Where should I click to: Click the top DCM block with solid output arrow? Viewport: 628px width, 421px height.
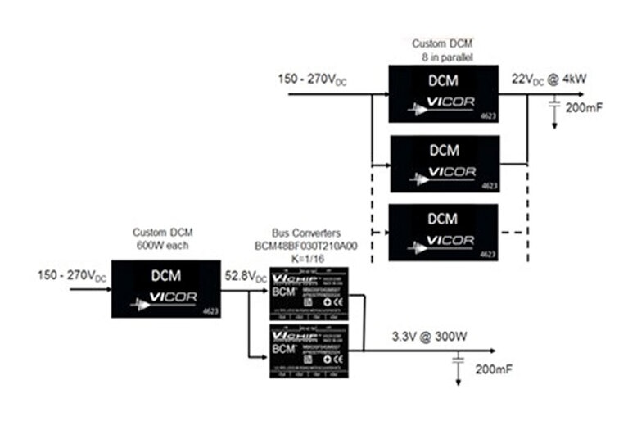443,93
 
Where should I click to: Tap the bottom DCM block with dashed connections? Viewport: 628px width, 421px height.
443,232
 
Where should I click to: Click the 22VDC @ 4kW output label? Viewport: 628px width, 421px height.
550,79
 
